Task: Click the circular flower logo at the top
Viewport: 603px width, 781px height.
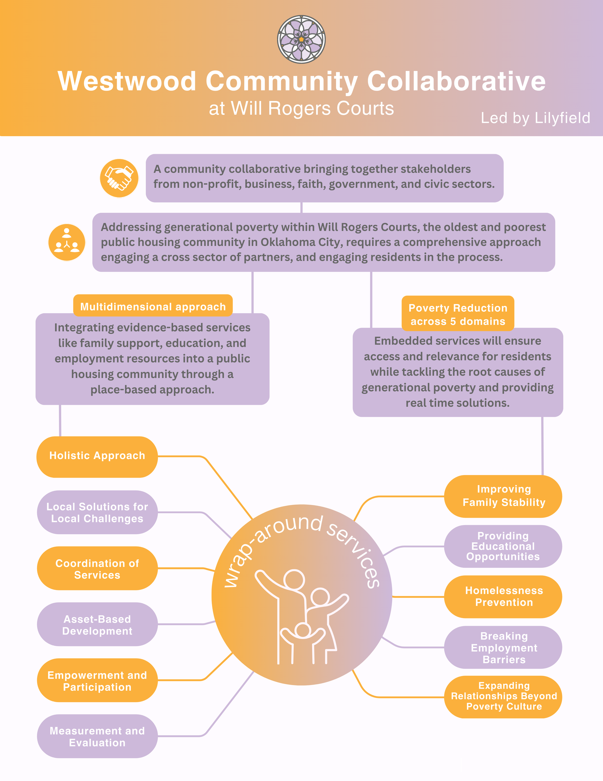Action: pos(301,39)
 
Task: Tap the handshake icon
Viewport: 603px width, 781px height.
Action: pos(119,178)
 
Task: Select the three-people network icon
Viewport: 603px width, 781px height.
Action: pos(67,242)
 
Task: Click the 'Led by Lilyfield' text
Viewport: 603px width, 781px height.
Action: pos(535,118)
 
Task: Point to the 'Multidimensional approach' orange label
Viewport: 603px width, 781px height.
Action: pos(153,307)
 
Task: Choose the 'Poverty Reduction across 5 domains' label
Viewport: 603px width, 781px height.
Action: pos(458,314)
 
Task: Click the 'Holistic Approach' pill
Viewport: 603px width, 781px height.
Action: pos(97,456)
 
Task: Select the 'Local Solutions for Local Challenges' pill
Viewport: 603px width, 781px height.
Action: pos(97,512)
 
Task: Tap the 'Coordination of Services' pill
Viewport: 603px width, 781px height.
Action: pos(97,568)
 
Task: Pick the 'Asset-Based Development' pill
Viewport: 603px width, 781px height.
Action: pos(97,625)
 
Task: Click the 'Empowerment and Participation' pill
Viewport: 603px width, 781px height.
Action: pos(97,681)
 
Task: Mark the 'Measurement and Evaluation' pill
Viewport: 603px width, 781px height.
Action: pos(97,737)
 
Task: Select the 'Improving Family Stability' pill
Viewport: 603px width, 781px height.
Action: pos(503,496)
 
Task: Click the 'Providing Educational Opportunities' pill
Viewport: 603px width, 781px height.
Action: pos(503,546)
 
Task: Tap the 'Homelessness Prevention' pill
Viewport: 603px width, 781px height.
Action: pos(503,596)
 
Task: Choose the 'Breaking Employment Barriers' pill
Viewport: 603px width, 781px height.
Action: pos(503,647)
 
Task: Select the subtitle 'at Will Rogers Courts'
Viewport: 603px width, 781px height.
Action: pos(301,108)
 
